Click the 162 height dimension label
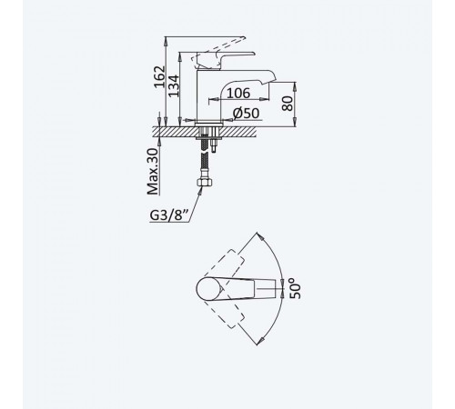(159, 77)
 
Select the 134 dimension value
(174, 86)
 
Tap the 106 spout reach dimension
(238, 93)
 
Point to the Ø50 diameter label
(246, 114)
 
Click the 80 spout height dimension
(288, 104)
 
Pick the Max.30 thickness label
(153, 172)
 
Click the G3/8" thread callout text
(170, 215)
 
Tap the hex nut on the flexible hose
(206, 183)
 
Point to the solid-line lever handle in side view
(225, 60)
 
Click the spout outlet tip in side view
(273, 80)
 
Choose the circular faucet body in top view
(209, 288)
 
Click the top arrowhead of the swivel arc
(258, 235)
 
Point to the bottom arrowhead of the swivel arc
(258, 341)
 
